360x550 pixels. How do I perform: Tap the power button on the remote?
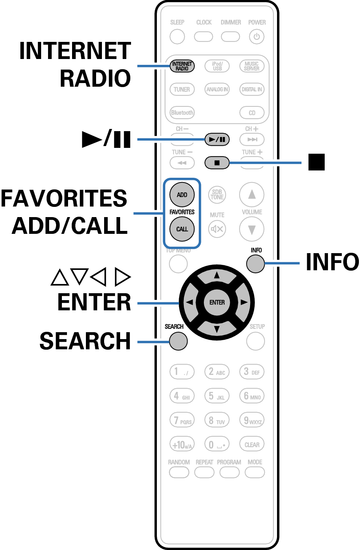[257, 36]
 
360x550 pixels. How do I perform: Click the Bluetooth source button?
[182, 113]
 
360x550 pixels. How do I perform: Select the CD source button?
[252, 113]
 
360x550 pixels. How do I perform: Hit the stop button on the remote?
[217, 162]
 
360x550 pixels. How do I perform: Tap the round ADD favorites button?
[182, 195]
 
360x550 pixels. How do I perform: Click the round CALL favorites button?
[182, 229]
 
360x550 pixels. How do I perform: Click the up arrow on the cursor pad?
[217, 276]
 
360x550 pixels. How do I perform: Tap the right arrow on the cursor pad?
[242, 302]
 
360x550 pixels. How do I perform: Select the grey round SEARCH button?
[178, 341]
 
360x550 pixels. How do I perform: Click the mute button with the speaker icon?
[217, 229]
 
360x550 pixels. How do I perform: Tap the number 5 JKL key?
[217, 396]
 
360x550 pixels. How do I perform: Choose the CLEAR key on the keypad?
[252, 444]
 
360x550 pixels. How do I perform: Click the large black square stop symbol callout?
[316, 162]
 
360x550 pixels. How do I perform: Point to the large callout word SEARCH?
[85, 341]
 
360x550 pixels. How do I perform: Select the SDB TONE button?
[217, 195]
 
